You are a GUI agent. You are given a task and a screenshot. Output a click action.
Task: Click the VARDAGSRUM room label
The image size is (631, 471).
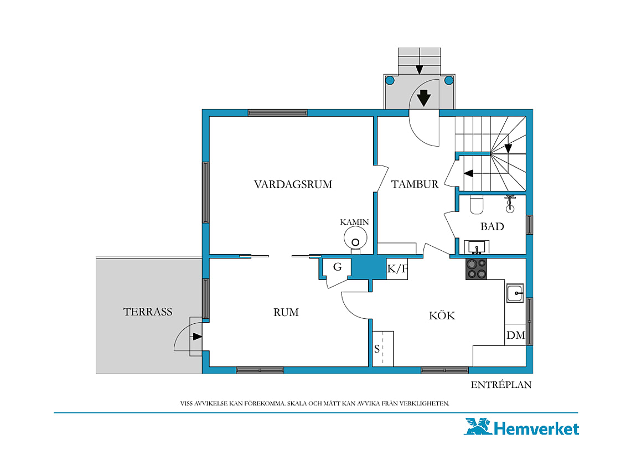(x=293, y=184)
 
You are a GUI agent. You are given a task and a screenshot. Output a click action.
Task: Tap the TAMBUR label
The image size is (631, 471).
(x=415, y=184)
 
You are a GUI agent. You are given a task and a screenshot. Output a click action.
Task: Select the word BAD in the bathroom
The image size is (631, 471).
(x=492, y=226)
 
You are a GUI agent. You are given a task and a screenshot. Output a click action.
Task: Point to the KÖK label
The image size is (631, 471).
(x=442, y=315)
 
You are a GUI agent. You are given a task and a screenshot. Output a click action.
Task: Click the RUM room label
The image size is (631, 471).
(x=286, y=312)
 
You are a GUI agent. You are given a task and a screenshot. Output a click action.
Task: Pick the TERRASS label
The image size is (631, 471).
(x=148, y=312)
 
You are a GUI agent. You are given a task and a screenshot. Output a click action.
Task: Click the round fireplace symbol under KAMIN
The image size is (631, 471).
(x=355, y=238)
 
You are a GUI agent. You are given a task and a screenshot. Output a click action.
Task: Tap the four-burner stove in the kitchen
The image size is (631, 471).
(x=476, y=269)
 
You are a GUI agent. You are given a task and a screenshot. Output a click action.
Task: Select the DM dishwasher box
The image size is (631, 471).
(x=515, y=335)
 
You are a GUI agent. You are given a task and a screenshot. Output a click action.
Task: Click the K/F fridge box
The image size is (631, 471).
(x=397, y=269)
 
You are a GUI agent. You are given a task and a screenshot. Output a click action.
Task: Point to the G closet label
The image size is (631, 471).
(x=337, y=267)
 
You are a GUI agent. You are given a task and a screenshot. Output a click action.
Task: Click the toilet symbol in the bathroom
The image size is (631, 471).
(x=477, y=204)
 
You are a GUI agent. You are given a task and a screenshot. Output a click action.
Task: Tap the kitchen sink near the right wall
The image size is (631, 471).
(x=515, y=293)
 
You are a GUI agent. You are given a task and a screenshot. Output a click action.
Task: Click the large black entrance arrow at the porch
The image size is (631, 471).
(x=424, y=98)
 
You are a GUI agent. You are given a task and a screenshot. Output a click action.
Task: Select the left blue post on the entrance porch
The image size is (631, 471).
(x=390, y=80)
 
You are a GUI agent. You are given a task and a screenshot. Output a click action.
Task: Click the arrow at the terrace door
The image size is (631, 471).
(x=197, y=337)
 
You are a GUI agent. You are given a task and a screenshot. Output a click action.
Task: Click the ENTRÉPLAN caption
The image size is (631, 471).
(x=501, y=385)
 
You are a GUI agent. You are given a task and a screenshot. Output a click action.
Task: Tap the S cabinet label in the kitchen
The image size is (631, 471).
(x=377, y=349)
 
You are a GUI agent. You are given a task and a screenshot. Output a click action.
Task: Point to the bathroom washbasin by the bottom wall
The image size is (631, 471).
(x=477, y=247)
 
